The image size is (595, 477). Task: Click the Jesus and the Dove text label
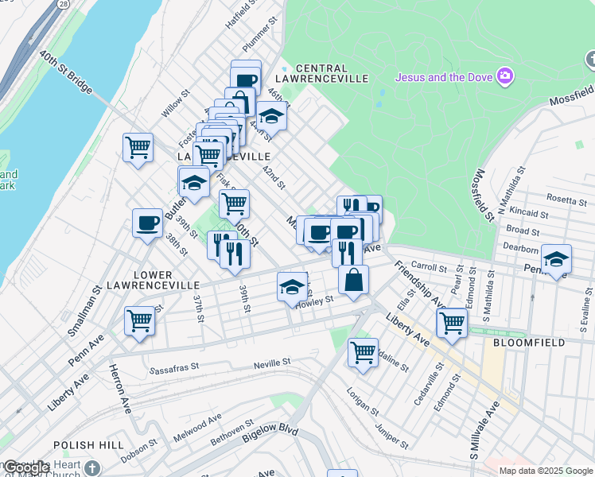pos(444,77)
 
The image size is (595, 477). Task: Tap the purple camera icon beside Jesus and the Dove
pos(504,77)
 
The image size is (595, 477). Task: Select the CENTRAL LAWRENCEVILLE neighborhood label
pos(331,73)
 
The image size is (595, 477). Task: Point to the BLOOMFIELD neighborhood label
pos(529,343)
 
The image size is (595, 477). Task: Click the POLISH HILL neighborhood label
pos(84,445)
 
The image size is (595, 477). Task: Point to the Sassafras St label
pos(181,370)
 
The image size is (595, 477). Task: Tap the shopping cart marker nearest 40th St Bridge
pos(138,147)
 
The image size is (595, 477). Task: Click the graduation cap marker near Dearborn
pos(556,259)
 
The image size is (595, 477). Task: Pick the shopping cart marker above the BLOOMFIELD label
pos(452,323)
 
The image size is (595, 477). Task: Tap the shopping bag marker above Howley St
pos(353,280)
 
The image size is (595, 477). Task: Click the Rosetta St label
pos(566,200)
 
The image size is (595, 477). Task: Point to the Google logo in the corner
pos(25,468)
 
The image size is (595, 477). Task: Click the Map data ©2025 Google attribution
pos(546,471)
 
